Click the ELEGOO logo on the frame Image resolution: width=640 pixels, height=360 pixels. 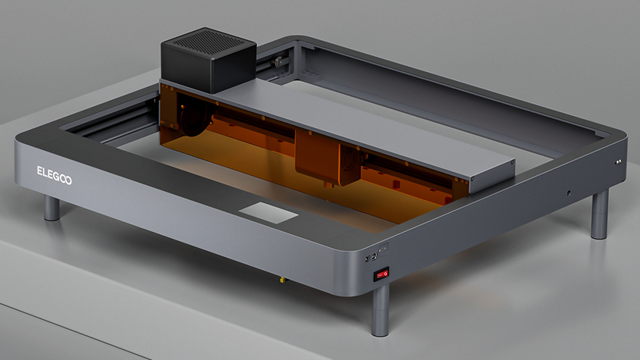55,175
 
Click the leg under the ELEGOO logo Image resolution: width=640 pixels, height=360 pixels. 52,208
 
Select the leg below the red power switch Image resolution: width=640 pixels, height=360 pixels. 380,311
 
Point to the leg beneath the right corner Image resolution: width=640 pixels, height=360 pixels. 600,214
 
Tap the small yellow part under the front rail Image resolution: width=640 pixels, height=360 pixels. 282,280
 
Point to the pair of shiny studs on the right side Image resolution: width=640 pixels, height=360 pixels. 618,161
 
